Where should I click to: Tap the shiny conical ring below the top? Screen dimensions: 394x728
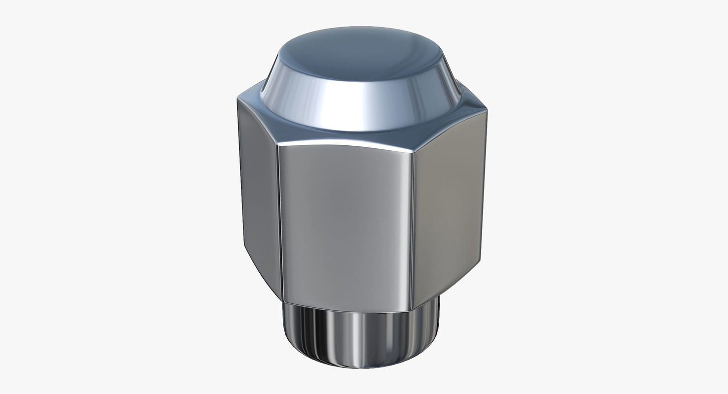[362, 106]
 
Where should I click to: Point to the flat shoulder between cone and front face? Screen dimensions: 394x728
[344, 135]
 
